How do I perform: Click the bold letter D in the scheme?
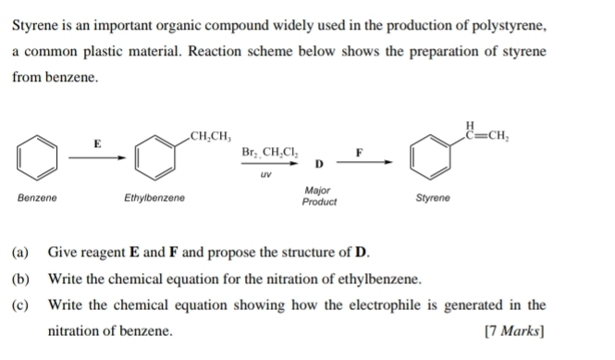point(318,165)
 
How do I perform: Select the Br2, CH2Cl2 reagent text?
point(267,152)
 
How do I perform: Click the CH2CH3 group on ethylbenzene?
point(209,136)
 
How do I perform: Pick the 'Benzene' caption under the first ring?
point(37,198)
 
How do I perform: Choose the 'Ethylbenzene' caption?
point(154,198)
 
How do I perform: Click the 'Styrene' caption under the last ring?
point(433,198)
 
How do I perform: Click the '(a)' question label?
point(20,252)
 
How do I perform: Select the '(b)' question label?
point(20,279)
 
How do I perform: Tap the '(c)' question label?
point(20,304)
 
